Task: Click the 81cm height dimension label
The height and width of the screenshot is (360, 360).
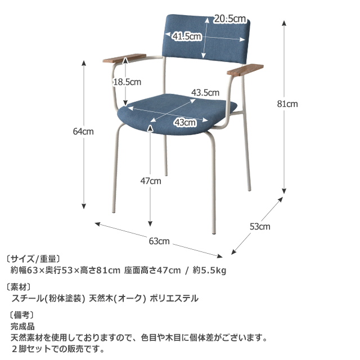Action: [287, 104]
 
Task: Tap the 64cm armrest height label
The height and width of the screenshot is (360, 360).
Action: [83, 132]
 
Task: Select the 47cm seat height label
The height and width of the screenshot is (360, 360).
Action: [151, 181]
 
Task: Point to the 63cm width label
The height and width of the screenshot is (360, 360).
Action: [159, 241]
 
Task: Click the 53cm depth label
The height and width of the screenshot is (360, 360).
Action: [260, 227]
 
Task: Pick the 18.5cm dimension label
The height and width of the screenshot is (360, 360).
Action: [127, 82]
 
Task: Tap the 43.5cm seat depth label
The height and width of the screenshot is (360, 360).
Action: [205, 93]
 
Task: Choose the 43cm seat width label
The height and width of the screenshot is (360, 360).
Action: [185, 123]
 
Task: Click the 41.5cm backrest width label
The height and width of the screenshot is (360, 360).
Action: [187, 36]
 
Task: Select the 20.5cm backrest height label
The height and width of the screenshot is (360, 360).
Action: [230, 19]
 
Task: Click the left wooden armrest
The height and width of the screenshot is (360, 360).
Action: [124, 58]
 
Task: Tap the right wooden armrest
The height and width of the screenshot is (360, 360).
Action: [245, 69]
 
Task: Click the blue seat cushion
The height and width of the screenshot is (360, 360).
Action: [177, 114]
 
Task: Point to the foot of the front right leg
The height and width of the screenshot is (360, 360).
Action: [214, 232]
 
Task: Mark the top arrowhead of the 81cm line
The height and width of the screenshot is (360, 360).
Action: [284, 23]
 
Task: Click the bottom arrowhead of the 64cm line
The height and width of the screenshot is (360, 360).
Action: [84, 206]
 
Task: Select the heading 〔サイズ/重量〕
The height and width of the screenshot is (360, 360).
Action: [33, 259]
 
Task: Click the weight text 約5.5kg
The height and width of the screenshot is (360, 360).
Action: [209, 270]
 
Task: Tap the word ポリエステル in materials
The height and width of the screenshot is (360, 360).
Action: [174, 298]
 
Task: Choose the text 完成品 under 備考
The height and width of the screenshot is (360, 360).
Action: [22, 326]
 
